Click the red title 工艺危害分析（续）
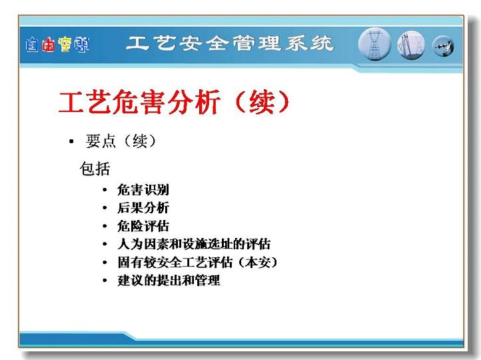[x=174, y=102]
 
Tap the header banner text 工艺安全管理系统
[x=230, y=43]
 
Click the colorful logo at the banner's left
[x=57, y=45]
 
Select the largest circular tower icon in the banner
[x=374, y=44]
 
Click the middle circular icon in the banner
[x=411, y=45]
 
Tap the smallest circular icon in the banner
[x=443, y=47]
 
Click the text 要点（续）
[x=121, y=141]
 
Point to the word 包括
[x=95, y=169]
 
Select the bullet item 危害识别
[x=143, y=190]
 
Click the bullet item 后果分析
[x=143, y=208]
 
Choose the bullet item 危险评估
[x=143, y=226]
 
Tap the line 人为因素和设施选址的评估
[x=194, y=244]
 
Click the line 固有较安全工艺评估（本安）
[x=198, y=263]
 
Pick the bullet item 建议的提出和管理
[x=169, y=281]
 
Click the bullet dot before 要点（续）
[x=71, y=141]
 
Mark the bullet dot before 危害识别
[x=105, y=190]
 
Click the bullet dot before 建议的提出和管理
[x=105, y=281]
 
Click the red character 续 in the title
[x=261, y=102]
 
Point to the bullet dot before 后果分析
[x=105, y=208]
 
